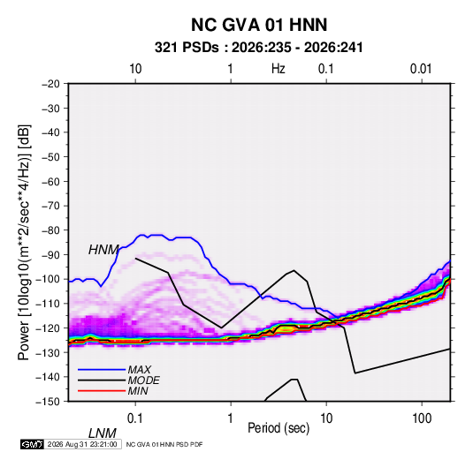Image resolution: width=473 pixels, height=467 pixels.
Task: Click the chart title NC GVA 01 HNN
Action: [x=259, y=25]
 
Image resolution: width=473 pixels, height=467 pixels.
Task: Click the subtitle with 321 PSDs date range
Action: [x=258, y=48]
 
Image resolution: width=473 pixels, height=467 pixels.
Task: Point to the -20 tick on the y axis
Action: [x=51, y=84]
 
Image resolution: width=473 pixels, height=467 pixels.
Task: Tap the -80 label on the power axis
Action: [x=51, y=230]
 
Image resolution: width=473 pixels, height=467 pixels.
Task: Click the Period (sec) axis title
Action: [x=278, y=428]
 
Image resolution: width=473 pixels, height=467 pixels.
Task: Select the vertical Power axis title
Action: [x=24, y=243]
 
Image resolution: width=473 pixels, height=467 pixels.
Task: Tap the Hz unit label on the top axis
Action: [x=278, y=69]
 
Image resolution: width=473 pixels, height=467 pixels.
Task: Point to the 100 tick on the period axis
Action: [x=422, y=418]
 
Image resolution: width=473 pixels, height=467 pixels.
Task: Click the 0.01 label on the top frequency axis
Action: [x=421, y=69]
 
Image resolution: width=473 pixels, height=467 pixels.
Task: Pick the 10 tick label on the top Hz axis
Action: [x=135, y=69]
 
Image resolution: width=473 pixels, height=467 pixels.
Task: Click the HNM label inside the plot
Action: [x=103, y=250]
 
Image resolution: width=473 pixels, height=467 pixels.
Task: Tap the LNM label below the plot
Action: [x=103, y=433]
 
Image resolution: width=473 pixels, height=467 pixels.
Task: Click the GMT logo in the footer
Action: [x=33, y=444]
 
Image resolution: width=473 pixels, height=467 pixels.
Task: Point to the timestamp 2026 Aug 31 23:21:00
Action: [x=82, y=444]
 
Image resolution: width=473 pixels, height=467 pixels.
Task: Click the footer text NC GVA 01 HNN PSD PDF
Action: [x=164, y=444]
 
